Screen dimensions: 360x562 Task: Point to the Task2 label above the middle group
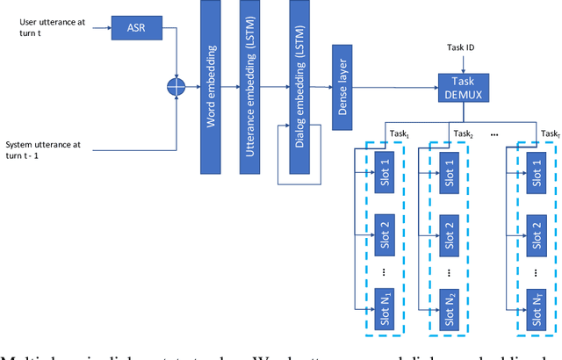click(x=464, y=133)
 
